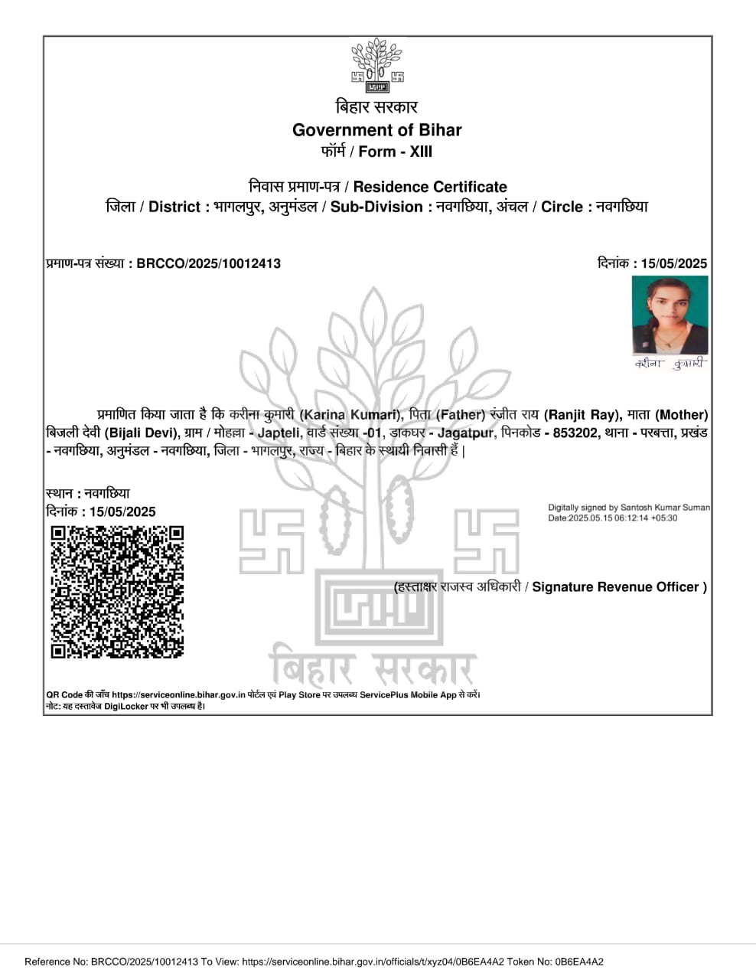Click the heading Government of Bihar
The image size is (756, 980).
377,130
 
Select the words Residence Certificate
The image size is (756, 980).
430,187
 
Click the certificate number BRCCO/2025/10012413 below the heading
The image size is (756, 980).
209,263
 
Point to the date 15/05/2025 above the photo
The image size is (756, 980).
674,263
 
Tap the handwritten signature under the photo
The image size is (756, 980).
669,364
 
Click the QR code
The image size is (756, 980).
117,591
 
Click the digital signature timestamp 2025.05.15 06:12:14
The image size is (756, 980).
608,518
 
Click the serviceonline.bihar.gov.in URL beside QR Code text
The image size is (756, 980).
178,695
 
